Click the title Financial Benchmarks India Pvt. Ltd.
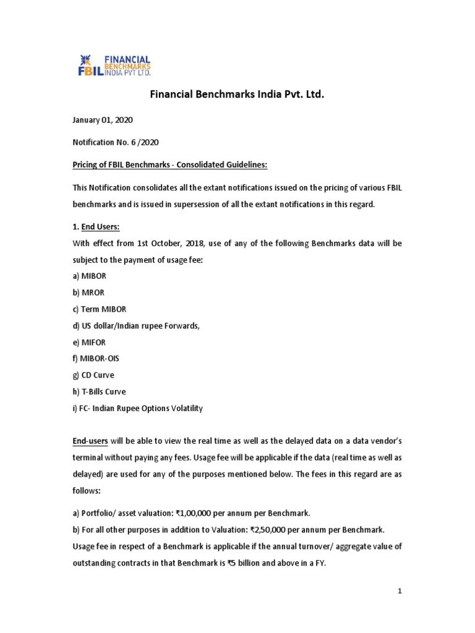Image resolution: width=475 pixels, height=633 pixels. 237,95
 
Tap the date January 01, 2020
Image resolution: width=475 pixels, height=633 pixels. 103,119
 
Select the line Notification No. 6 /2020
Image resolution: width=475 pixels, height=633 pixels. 116,142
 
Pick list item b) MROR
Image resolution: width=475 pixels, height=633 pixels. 90,293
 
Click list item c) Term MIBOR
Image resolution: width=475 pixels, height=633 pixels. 100,309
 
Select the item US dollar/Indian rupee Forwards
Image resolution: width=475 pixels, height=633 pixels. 137,326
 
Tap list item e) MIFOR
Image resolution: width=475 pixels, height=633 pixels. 90,342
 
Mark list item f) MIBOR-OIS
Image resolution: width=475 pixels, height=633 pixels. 96,359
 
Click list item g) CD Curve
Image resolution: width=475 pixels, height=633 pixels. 94,375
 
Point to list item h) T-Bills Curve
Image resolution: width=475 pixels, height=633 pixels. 99,391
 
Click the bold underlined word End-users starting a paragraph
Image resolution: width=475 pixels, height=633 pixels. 90,441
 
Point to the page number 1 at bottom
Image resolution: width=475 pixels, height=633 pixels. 400,592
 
